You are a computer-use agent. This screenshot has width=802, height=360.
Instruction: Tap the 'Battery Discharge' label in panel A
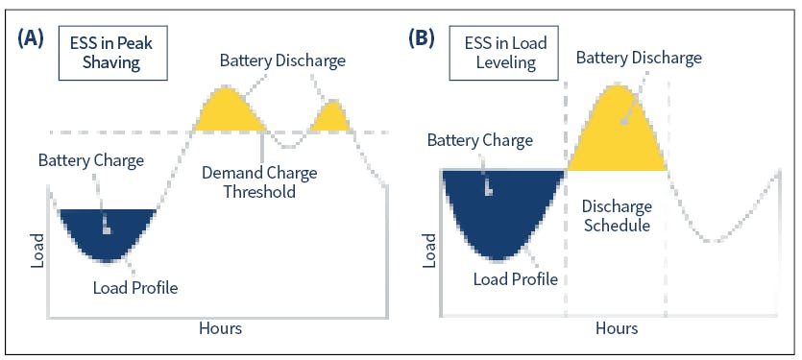pyautogui.click(x=281, y=60)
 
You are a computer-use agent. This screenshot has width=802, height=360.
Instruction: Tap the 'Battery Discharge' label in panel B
pyautogui.click(x=639, y=58)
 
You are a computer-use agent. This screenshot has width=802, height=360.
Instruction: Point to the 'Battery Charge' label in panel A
pyautogui.click(x=91, y=159)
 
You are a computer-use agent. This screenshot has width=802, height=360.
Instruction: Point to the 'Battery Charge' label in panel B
pyautogui.click(x=480, y=141)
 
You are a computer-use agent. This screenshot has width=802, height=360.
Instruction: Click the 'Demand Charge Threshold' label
pyautogui.click(x=262, y=182)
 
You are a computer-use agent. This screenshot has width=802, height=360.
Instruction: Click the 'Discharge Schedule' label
pyautogui.click(x=617, y=216)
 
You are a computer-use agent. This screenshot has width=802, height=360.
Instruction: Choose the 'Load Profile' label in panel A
pyautogui.click(x=135, y=286)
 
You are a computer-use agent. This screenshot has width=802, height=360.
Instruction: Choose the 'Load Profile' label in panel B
pyautogui.click(x=516, y=279)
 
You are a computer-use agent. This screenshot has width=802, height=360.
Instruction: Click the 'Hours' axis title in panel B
pyautogui.click(x=616, y=328)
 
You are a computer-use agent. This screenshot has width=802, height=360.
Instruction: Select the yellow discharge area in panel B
pyautogui.click(x=616, y=134)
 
